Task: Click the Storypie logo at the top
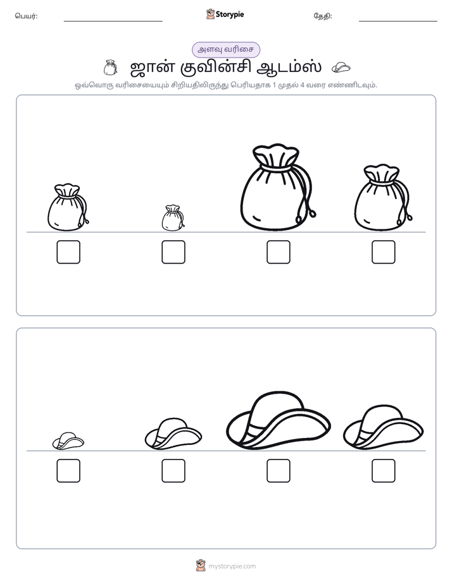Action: coord(225,15)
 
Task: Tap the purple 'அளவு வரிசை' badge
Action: coord(225,49)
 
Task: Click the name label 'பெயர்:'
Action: coord(26,16)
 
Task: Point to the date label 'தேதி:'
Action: coord(323,16)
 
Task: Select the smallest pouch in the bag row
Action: coord(173,217)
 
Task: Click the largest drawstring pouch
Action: coord(278,186)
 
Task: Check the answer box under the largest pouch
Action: coord(278,252)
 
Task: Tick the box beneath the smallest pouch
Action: coord(173,252)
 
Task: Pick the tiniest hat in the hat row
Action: coord(68,441)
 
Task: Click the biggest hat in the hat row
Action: coord(278,420)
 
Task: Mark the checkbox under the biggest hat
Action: coord(278,471)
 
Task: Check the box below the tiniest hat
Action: coord(68,471)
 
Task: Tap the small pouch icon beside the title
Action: coord(110,68)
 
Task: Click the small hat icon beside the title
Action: coord(341,68)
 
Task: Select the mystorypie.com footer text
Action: coord(232,566)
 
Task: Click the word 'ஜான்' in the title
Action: coord(152,68)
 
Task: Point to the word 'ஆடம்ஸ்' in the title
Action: coord(289,68)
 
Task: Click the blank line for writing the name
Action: coord(113,21)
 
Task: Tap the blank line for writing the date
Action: coord(398,21)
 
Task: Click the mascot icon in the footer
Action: coord(201,566)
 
